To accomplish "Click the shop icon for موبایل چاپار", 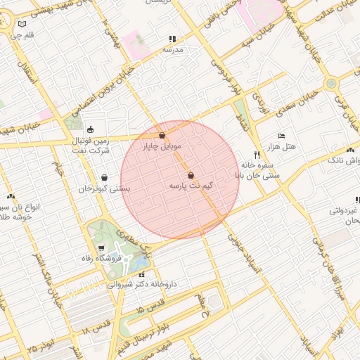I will click(162, 135).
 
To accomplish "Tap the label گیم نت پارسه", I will click(191, 186).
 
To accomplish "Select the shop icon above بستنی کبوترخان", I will click(105, 178).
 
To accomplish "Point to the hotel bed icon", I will click(281, 135).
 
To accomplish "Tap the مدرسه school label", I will click(173, 50).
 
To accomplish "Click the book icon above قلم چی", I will click(21, 24).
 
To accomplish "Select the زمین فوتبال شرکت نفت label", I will click(91, 146).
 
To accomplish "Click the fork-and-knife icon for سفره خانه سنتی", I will click(255, 153).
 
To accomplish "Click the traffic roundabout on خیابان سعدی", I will click(330, 84).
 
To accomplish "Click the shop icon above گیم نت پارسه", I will click(191, 176).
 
